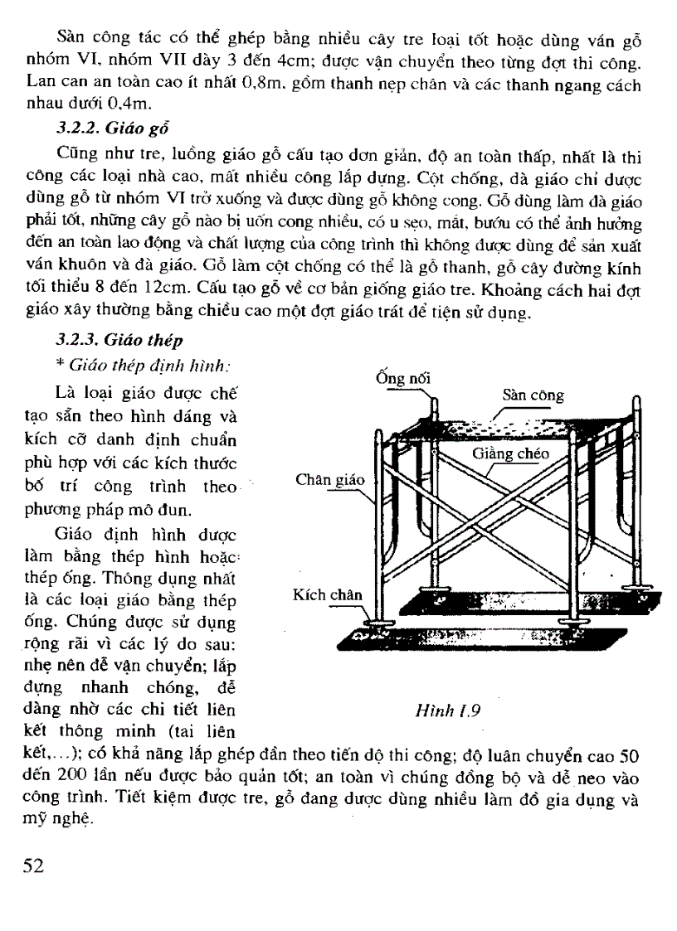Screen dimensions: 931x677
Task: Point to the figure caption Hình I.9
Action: (x=452, y=710)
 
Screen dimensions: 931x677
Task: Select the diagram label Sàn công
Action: (x=533, y=395)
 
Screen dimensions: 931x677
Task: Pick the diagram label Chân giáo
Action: (x=329, y=480)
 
